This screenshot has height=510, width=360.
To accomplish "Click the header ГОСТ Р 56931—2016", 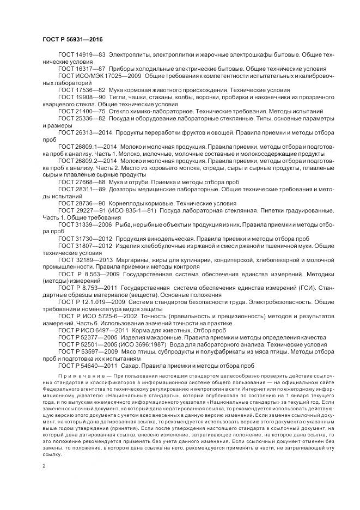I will tap(72, 40).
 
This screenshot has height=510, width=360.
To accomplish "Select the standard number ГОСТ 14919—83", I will tap(82, 56).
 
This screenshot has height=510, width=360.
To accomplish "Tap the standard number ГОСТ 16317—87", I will tap(82, 70).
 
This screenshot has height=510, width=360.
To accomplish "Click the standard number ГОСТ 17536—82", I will tap(82, 90).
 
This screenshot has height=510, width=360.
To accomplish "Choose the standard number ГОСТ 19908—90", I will tap(82, 96).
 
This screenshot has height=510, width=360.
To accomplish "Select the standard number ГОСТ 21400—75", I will tap(82, 110).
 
